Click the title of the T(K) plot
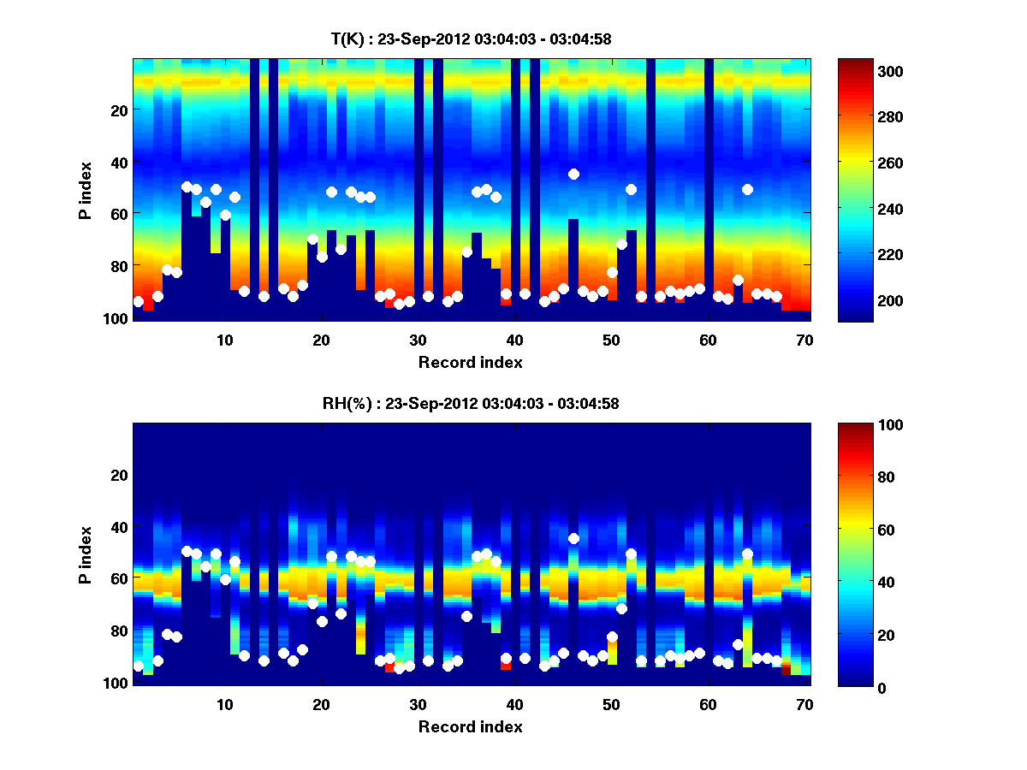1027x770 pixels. click(x=471, y=38)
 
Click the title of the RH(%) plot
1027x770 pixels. click(x=471, y=404)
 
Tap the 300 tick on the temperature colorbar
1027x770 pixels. click(x=864, y=71)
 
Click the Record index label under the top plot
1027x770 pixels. click(x=471, y=362)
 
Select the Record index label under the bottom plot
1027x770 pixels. click(x=471, y=727)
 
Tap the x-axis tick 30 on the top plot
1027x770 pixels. click(x=418, y=340)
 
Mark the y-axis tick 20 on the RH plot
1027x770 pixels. click(x=119, y=475)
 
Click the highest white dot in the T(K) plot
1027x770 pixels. click(x=573, y=174)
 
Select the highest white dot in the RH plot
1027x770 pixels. click(x=573, y=538)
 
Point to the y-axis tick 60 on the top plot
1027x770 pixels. click(x=119, y=214)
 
